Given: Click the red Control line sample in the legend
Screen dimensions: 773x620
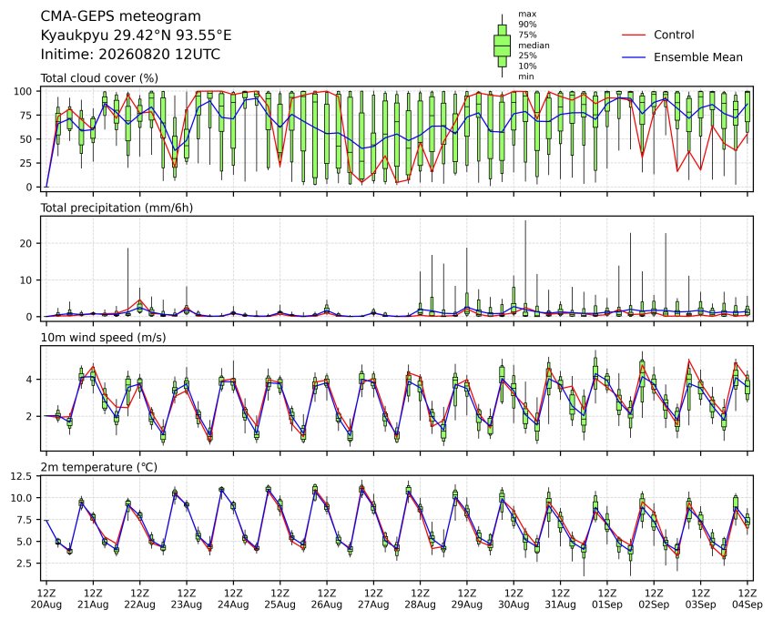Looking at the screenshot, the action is click(634, 35).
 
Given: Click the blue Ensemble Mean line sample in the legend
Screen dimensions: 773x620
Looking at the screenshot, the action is click(634, 57).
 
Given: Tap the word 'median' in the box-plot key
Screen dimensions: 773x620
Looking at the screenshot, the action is click(534, 46).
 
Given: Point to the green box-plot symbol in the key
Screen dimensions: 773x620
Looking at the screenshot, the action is click(503, 46).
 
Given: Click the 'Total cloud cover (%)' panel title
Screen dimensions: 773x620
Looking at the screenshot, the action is click(99, 78).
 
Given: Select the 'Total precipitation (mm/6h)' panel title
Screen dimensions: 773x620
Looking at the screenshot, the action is click(117, 208).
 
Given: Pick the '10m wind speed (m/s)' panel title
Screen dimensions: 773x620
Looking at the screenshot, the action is click(103, 338).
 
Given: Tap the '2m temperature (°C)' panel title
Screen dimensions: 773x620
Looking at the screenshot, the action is click(98, 467).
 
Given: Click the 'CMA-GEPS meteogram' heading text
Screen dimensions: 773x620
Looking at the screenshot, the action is click(121, 16).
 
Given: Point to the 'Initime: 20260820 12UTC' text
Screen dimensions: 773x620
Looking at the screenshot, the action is click(130, 54).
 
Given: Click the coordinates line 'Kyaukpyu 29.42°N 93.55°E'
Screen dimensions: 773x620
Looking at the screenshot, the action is click(136, 36).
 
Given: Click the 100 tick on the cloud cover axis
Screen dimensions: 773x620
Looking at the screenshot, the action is click(23, 91).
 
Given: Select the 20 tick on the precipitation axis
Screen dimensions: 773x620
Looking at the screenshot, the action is click(26, 243).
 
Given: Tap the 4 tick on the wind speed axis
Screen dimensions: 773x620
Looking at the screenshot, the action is click(29, 380).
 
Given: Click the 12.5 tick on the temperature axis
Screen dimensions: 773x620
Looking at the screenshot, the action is click(21, 476).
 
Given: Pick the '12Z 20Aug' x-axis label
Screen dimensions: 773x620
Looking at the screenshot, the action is click(46, 598).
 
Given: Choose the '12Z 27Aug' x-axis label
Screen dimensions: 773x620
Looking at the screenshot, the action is click(373, 598).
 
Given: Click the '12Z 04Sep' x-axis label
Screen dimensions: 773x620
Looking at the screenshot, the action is click(748, 598).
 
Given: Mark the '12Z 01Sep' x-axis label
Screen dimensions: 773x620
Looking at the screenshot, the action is click(607, 598).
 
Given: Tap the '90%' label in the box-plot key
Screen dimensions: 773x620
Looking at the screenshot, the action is click(527, 25).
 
